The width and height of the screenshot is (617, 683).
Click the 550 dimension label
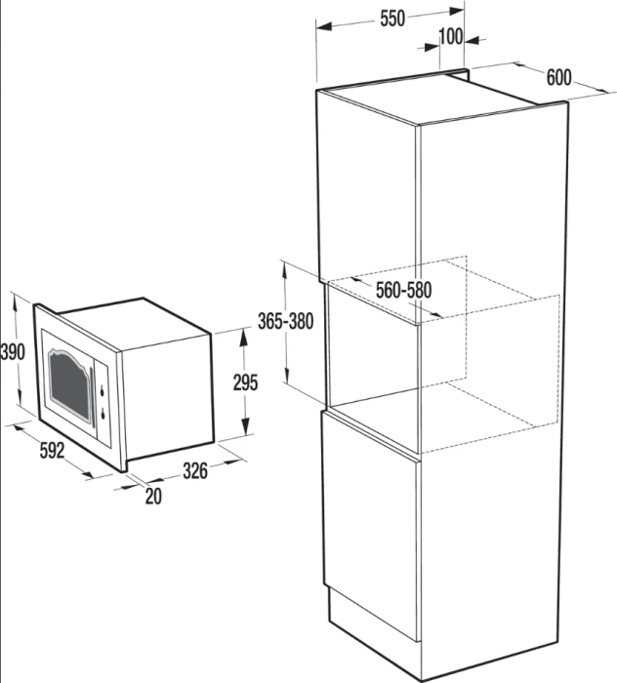392,19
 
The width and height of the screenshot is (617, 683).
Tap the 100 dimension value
451,37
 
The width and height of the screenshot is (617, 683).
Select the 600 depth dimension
558,78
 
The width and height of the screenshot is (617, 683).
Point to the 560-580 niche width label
403,290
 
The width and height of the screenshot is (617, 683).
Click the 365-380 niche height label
285,321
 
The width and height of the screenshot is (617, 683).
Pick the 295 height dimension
245,382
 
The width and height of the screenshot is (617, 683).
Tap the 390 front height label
13,352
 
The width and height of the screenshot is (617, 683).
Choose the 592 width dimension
53,451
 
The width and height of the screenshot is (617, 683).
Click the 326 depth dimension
195,471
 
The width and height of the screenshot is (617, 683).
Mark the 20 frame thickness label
153,496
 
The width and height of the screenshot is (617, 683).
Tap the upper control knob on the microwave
103,390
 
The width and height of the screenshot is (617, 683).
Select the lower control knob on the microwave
103,414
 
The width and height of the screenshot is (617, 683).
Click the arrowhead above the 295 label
244,338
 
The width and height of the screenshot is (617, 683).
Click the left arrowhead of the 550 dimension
324,26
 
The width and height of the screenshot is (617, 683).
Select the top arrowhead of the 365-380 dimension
284,269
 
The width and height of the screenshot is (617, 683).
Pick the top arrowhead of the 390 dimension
16,302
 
